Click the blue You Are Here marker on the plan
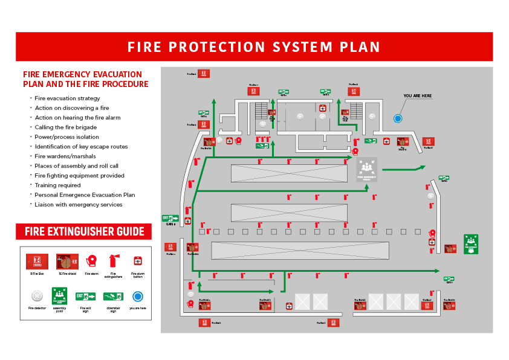coord(398,118)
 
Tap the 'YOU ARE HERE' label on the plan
coord(418,96)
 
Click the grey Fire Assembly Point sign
coord(366,169)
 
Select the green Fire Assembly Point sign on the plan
coord(471,243)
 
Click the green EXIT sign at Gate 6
coord(170,218)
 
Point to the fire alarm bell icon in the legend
coord(92,261)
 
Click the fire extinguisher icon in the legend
coord(113,261)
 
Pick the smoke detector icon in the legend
coord(37,296)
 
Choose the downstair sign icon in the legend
coord(113,296)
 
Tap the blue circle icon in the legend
coord(138,296)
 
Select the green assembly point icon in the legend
coord(59,296)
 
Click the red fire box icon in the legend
coord(37,261)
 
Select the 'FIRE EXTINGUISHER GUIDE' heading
coord(84,231)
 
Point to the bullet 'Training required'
coord(57,185)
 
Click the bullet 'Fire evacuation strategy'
coord(67,98)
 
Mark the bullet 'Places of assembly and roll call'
coord(76,166)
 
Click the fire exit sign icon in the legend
coord(86,296)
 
